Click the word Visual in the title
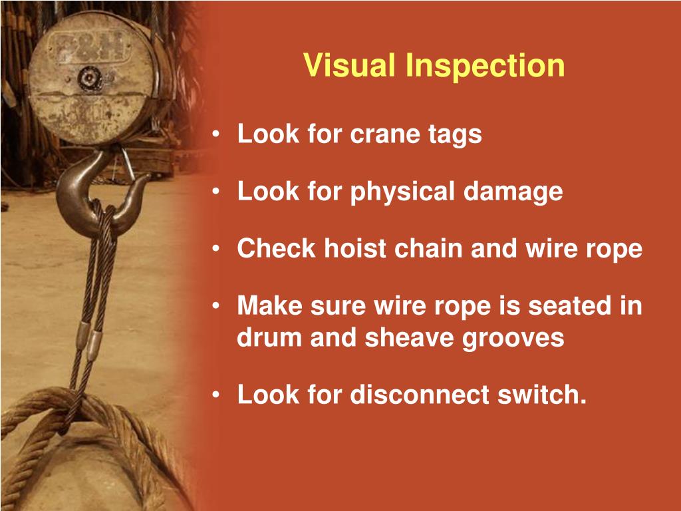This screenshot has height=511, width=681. click(x=350, y=65)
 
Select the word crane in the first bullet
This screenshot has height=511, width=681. click(x=384, y=134)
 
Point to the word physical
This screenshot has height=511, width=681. click(x=402, y=192)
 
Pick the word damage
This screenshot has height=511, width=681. click(x=513, y=192)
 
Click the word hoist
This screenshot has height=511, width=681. click(x=355, y=249)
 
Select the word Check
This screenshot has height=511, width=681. click(x=276, y=249)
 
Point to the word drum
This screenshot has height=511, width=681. click(x=269, y=337)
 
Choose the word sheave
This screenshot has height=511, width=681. click(x=410, y=337)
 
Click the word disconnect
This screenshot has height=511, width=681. click(x=420, y=395)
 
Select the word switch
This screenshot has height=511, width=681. click(x=542, y=395)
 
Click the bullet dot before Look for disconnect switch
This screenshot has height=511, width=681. click(x=216, y=395)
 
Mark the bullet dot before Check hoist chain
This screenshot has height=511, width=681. click(x=216, y=249)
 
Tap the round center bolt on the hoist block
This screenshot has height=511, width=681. click(x=90, y=79)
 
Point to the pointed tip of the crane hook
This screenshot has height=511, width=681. click(x=148, y=176)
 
